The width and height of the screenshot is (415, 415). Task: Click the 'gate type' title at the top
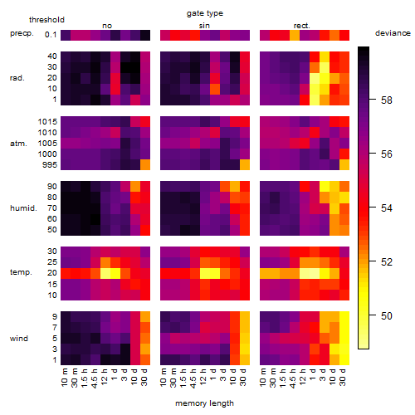coord(205,13)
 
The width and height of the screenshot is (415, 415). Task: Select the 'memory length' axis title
coord(204,403)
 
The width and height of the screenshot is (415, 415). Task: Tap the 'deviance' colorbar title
coord(393,33)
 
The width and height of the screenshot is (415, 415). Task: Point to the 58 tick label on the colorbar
coord(386,100)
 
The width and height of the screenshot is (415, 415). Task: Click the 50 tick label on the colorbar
coord(386,315)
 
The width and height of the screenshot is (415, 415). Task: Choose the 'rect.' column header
coord(301,26)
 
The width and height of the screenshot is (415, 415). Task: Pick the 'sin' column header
coord(204,26)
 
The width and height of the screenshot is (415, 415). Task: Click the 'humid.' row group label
coord(23,208)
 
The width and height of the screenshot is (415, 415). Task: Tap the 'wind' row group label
coord(19,339)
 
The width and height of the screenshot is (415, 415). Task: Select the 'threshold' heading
coord(46,20)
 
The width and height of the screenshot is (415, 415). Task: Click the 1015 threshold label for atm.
coord(47,122)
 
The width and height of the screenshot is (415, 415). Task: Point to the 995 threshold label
coord(50,165)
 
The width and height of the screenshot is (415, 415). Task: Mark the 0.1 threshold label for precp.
coord(51,35)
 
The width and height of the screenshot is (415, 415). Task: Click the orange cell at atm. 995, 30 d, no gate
coord(145,165)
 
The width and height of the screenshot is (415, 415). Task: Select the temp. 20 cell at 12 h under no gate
coord(105,273)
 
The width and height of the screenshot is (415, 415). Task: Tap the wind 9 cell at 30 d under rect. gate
coord(344,317)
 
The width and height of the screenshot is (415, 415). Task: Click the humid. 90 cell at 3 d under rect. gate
coord(325,187)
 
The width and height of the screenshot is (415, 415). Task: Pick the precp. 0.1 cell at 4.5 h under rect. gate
coord(295,35)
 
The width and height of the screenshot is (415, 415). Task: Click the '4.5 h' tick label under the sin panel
coord(193,378)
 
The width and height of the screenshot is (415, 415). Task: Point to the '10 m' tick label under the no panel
coord(64,378)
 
